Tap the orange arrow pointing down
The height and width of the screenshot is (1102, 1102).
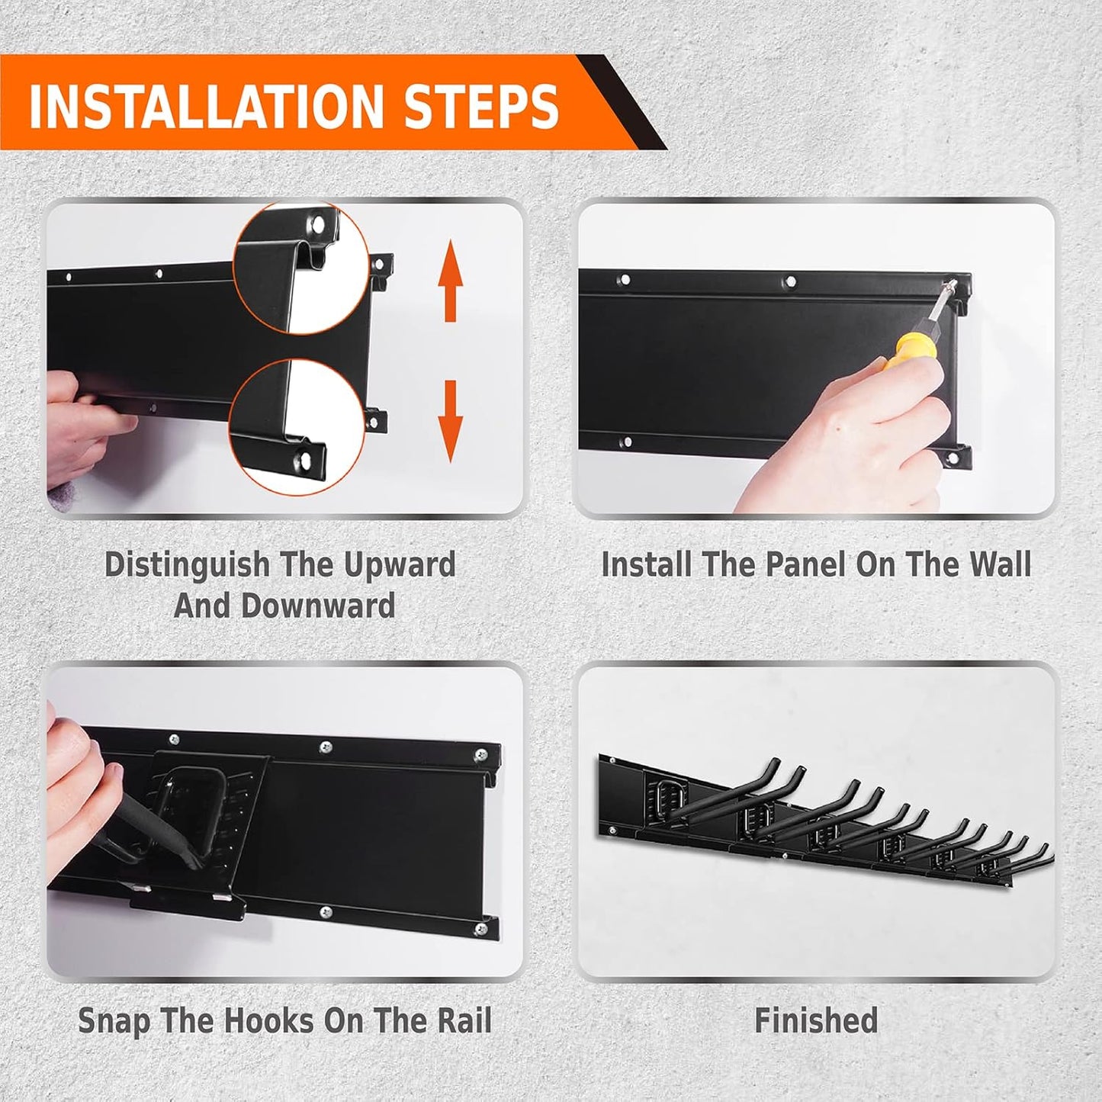tap(451, 419)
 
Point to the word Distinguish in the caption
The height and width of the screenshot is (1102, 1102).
tap(187, 565)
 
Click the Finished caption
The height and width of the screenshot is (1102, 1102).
tap(816, 1020)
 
